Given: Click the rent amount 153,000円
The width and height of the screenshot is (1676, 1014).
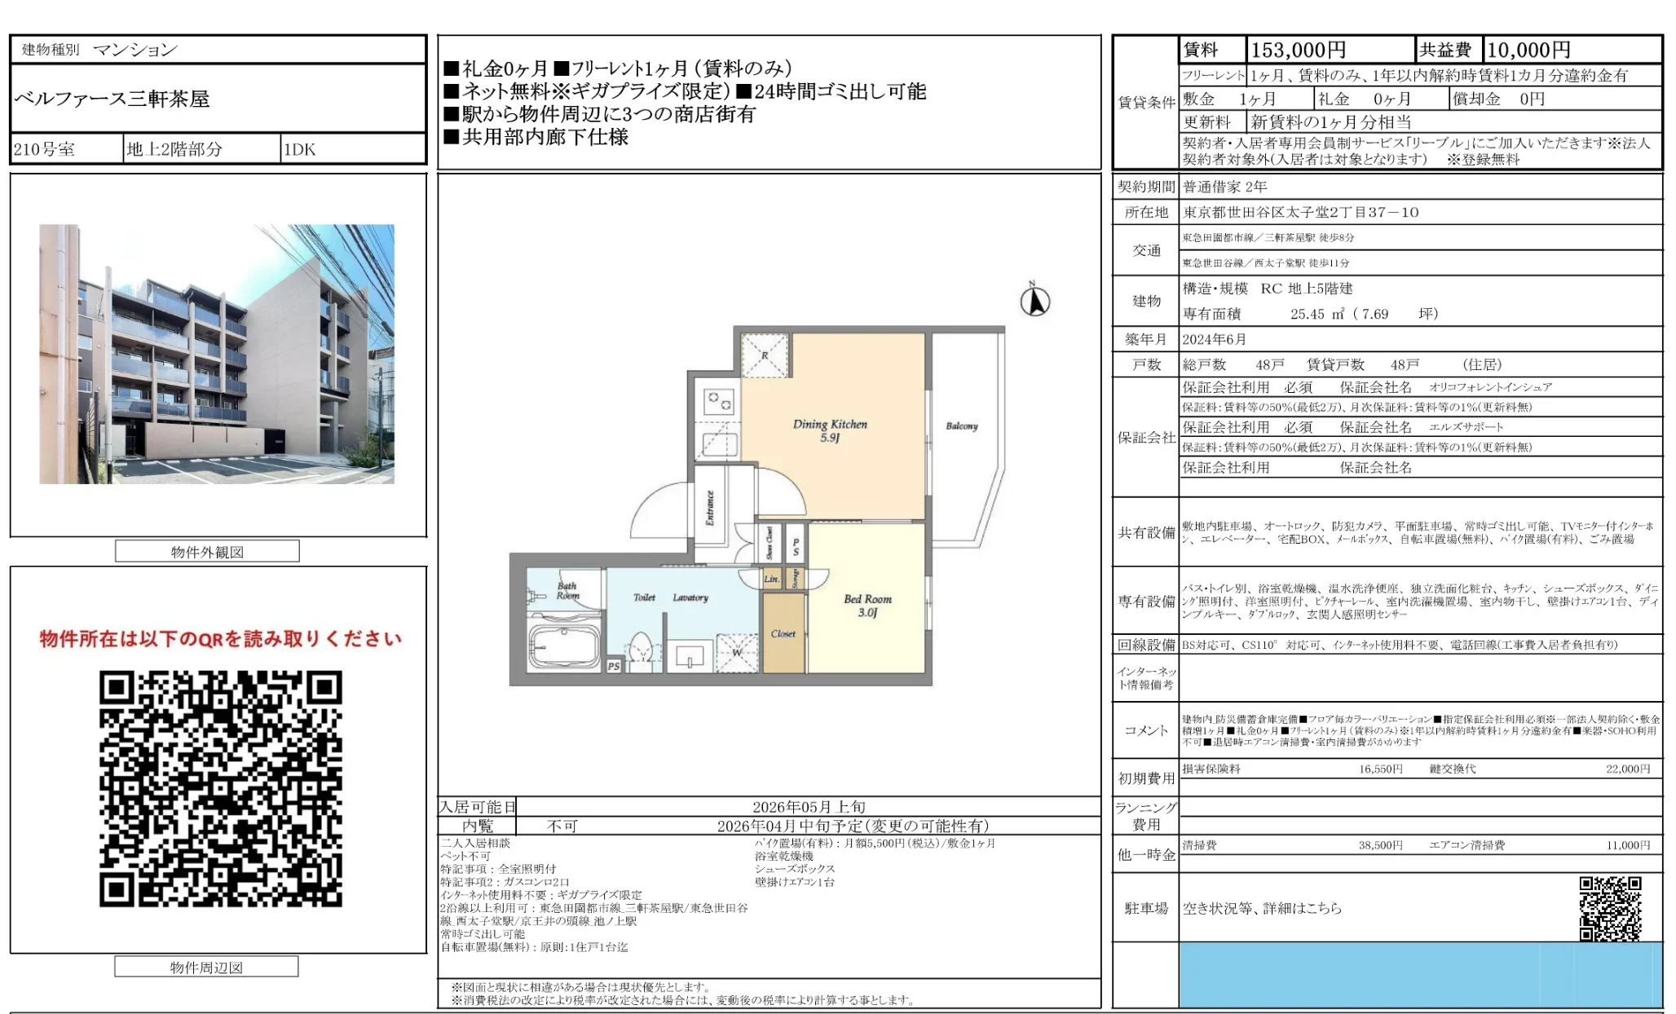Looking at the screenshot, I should pos(1298,51).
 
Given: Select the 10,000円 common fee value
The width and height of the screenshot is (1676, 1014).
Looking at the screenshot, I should pos(1528,51).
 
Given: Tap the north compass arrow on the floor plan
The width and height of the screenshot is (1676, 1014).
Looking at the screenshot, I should pos(1035,301).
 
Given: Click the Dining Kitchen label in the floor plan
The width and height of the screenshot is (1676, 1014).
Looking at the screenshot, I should pos(830,430).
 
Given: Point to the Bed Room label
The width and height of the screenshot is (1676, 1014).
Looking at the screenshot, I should pos(867,605).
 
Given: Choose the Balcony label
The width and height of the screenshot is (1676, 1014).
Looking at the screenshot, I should pos(962,426).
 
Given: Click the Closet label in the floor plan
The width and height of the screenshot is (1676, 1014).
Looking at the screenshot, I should pos(783,634).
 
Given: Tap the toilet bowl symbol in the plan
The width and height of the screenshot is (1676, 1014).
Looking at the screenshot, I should pos(642,650).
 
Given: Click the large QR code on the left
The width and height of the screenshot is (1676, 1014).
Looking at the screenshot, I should pos(221,788).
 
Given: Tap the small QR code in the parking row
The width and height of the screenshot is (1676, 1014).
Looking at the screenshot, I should pos(1610,908).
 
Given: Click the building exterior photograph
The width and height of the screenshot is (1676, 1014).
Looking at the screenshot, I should pos(217,354).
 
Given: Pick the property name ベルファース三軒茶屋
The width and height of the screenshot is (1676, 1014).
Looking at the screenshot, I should pos(112,99).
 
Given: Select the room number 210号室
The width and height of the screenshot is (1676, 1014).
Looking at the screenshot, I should pos(45,149).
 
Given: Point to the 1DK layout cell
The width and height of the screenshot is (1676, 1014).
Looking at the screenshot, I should pos(300,149).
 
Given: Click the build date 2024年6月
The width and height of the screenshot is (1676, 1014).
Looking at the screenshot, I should pos(1215,339).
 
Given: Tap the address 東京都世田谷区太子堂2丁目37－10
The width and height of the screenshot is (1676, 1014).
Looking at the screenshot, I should pos(1300,212).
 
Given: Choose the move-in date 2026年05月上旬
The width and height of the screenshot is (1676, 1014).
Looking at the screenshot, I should pos(809,807).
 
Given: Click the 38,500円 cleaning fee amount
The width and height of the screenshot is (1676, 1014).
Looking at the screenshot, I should pos(1380,845).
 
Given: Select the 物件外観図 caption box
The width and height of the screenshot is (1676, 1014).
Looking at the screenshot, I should pos(207,552).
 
